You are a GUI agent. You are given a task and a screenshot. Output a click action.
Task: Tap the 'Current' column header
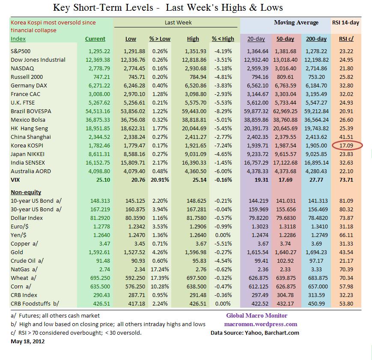pos(95,39)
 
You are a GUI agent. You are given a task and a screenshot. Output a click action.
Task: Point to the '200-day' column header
pos(316,39)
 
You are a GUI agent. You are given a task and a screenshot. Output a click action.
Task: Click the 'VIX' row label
pos(16,180)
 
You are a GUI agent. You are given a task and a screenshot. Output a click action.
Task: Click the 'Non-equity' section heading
pos(27,192)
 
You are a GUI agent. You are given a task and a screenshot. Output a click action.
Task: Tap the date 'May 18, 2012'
pos(27,342)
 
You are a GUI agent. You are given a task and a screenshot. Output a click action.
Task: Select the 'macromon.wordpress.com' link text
pos(261,324)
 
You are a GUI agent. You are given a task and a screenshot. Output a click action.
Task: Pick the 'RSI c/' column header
pos(346,39)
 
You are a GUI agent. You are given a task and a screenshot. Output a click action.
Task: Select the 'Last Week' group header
pos(178,22)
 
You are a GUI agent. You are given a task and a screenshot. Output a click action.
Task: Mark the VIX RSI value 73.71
pos(346,180)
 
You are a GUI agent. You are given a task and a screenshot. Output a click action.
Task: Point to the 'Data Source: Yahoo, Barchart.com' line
pos(255,333)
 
